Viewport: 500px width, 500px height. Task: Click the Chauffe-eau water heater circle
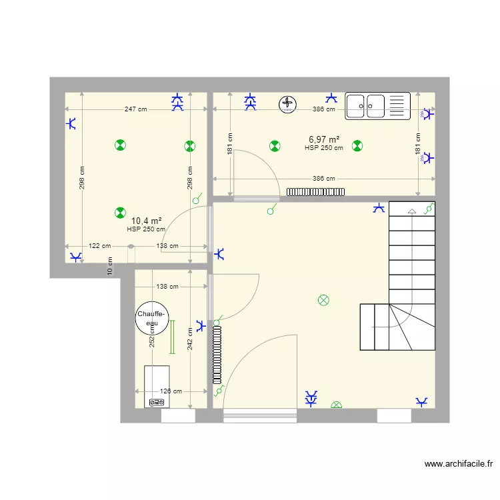tap(152, 318)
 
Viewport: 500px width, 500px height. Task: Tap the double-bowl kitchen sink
tap(377, 106)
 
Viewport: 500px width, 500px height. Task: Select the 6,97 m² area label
tap(324, 139)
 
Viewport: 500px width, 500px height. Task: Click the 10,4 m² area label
tap(147, 221)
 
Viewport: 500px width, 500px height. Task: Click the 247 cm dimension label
tap(135, 109)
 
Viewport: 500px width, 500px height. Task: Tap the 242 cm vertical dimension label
tap(190, 339)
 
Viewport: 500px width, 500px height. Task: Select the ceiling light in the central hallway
tap(324, 300)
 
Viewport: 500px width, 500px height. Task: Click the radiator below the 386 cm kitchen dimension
tap(317, 191)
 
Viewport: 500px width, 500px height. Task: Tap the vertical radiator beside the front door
tap(217, 354)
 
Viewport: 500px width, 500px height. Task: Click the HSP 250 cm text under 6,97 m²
tap(324, 148)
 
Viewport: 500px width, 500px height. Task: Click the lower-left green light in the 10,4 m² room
tap(119, 213)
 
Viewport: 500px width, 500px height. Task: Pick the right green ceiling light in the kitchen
tap(357, 145)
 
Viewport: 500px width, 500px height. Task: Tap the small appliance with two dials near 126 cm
tap(157, 402)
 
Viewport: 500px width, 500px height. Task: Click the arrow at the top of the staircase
tap(411, 211)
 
